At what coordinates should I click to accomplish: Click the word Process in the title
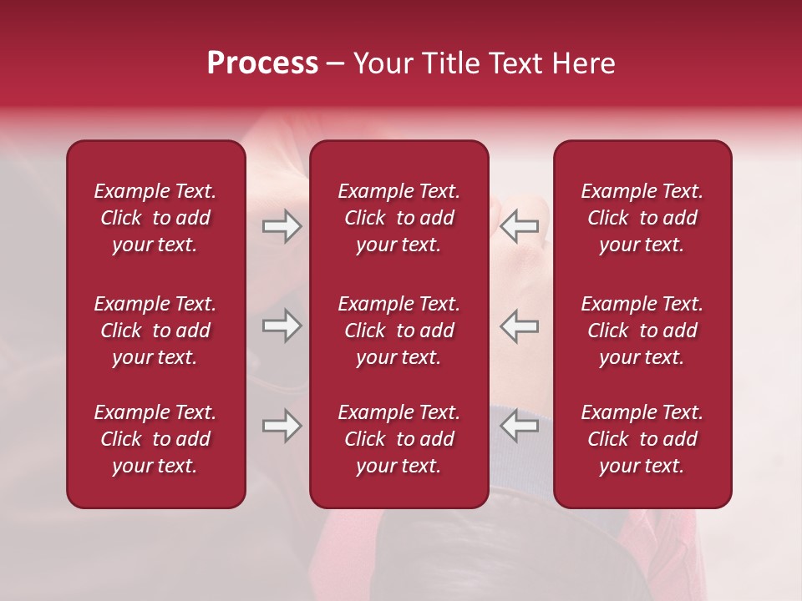(262, 63)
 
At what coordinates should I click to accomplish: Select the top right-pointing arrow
(282, 226)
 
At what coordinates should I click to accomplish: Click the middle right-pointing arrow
(282, 326)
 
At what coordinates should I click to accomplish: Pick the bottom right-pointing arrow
(282, 426)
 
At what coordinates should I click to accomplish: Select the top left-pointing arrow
(519, 226)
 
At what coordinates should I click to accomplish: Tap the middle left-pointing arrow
(519, 326)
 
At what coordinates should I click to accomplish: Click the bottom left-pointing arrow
(519, 426)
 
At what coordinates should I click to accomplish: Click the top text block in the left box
(155, 218)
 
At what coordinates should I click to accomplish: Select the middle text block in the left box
(155, 331)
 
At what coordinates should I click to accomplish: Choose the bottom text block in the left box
(155, 439)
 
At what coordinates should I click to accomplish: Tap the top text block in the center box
(398, 218)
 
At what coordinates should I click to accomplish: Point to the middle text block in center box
(398, 331)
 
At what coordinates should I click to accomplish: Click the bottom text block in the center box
(398, 439)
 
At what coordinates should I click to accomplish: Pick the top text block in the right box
(642, 218)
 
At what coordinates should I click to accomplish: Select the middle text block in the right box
(642, 331)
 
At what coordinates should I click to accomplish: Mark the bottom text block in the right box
(642, 439)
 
